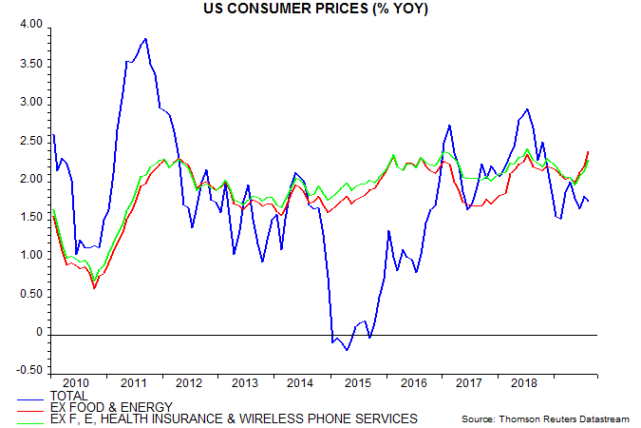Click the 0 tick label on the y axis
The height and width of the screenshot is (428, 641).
39,333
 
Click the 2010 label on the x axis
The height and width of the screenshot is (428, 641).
78,382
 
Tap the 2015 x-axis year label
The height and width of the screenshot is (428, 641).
359,382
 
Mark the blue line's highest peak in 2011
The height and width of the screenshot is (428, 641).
144,39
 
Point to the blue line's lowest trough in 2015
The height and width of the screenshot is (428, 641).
347,350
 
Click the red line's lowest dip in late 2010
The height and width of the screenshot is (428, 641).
94,288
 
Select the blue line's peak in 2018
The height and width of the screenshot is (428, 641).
527,109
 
